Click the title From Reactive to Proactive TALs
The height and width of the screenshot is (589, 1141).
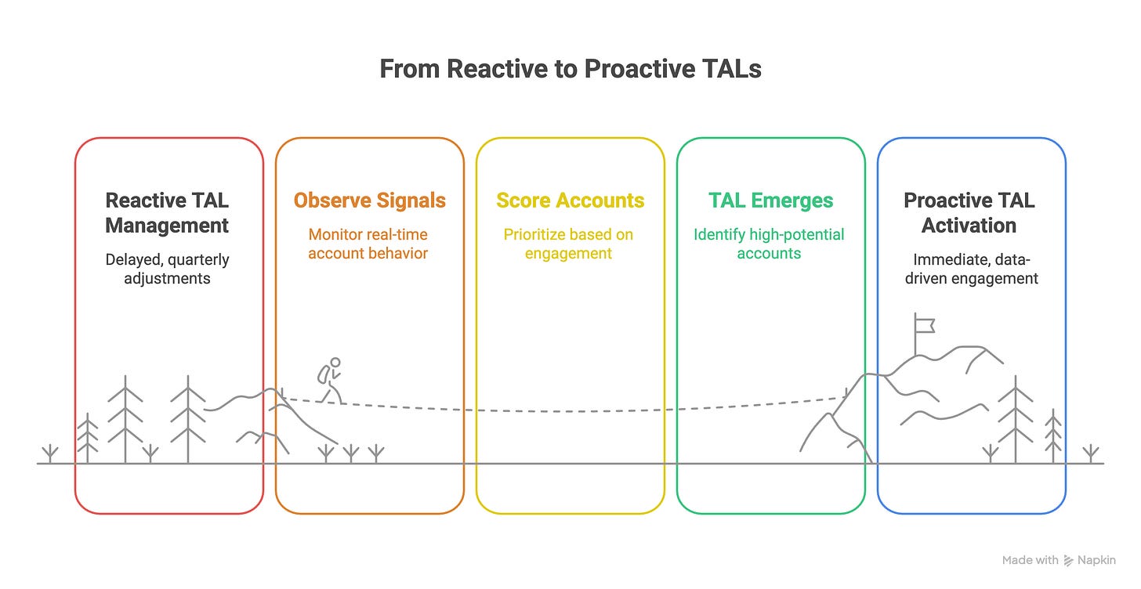click(570, 69)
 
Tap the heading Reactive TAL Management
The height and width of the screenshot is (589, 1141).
click(167, 213)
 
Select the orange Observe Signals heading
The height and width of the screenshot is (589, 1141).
click(369, 201)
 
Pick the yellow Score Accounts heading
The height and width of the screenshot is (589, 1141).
click(570, 201)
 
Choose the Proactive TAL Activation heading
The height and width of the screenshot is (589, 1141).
click(969, 213)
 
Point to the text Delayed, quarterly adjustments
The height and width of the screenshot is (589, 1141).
click(167, 268)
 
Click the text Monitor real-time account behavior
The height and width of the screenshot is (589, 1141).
click(368, 243)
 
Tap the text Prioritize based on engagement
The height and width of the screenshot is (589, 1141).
click(568, 243)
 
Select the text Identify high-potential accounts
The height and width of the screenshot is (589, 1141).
click(769, 243)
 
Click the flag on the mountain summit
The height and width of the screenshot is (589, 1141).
click(925, 323)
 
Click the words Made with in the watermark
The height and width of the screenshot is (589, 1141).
click(1029, 561)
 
